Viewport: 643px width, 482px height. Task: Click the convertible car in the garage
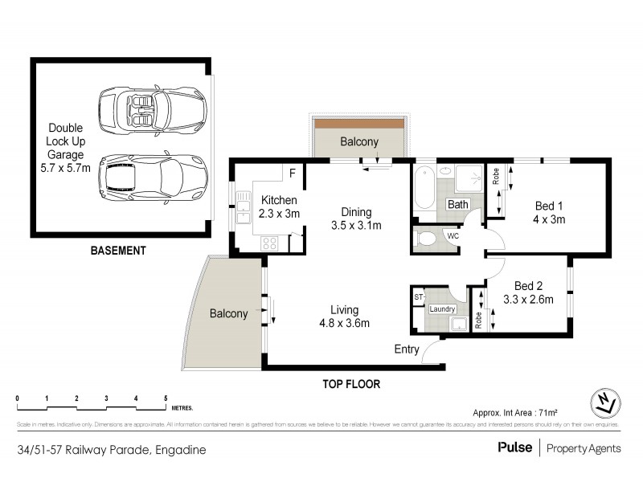point(151,110)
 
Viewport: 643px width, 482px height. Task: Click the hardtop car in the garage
point(152,177)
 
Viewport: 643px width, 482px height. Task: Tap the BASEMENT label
point(118,251)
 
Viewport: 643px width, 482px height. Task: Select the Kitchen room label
point(278,201)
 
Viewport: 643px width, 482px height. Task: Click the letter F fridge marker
point(293,172)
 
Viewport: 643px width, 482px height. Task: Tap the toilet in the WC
point(427,238)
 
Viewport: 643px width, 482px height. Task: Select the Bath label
point(458,205)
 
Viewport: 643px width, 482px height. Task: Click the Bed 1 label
point(549,206)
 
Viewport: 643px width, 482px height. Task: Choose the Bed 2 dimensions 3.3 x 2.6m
point(526,300)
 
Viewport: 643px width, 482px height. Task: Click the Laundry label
point(443,309)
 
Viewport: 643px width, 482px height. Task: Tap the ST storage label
point(418,297)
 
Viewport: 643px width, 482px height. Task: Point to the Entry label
point(406,349)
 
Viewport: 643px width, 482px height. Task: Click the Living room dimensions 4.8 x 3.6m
point(343,324)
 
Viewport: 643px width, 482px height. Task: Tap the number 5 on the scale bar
point(166,398)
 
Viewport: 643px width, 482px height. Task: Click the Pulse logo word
point(514,448)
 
